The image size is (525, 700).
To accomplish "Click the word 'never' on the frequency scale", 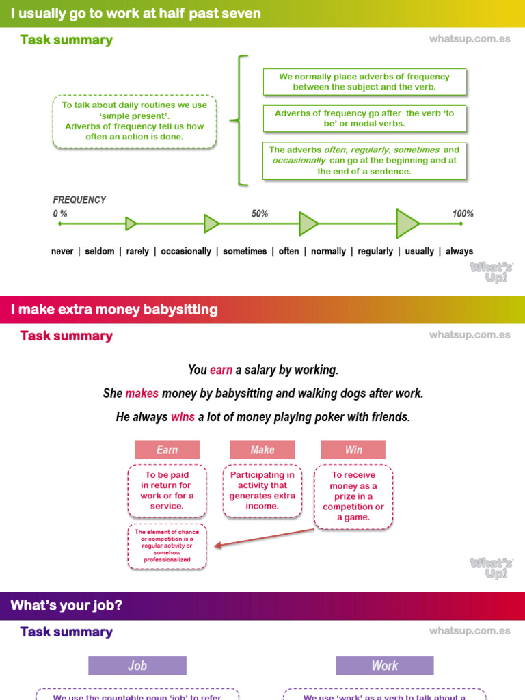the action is coord(62,252).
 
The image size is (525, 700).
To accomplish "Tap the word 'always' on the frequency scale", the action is coord(459,252).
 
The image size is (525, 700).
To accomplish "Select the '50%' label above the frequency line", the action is coord(260,214).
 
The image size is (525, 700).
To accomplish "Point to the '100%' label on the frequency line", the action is coord(463,214).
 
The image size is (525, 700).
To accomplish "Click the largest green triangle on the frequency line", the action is coord(407,224).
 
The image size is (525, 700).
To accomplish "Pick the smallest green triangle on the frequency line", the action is coord(131,224).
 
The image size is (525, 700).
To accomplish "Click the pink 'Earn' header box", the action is coord(167,450).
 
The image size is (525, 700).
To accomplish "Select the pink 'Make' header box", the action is coord(262,450).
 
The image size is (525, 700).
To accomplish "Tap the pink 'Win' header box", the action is coord(353,450).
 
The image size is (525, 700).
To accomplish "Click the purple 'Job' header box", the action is coord(137,666).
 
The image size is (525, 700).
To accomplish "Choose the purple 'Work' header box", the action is coord(384,666).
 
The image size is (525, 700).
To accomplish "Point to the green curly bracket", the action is coord(239,120).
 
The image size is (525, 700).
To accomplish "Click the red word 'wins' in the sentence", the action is coord(183,417).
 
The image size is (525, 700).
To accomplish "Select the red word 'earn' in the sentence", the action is coord(221,370).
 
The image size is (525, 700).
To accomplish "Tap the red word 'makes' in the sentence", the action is coord(142,394).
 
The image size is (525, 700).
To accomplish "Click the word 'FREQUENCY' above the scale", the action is coord(79,200).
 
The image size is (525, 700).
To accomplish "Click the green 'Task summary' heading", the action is coord(66,40).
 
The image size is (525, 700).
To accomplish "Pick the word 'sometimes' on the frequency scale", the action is coord(245,252).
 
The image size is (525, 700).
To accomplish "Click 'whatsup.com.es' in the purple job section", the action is coord(470,631).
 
